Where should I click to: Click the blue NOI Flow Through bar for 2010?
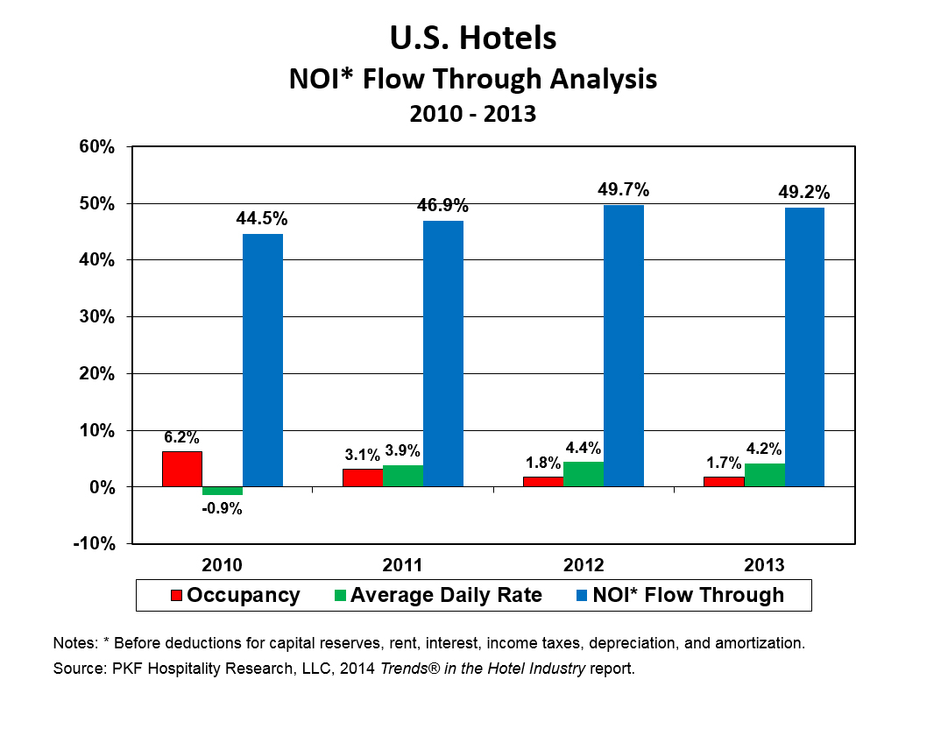263,359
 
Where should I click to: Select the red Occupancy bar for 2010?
182,469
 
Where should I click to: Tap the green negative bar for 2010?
223,491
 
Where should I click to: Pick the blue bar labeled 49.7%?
624,345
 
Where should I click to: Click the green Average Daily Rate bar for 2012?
584,474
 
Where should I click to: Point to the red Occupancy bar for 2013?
724,481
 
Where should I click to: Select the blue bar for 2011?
443,353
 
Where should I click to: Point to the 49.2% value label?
804,193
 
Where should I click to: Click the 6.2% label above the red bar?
181,437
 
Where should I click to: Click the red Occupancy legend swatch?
176,596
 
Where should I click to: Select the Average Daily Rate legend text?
446,596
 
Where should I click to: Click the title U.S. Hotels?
473,39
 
